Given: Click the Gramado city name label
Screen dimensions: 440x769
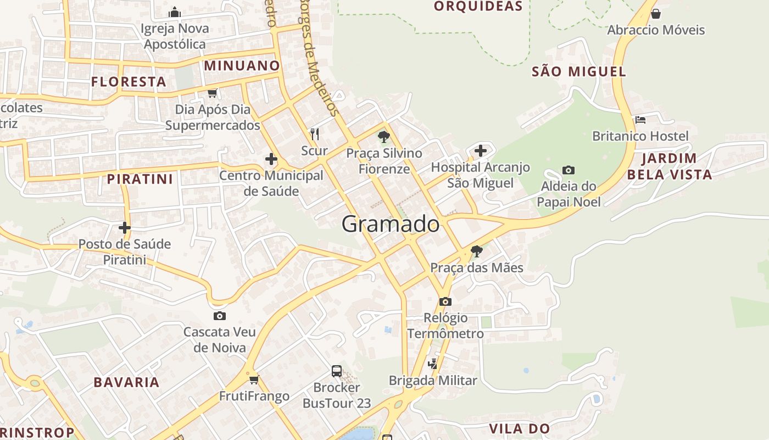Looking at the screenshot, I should pyautogui.click(x=391, y=224).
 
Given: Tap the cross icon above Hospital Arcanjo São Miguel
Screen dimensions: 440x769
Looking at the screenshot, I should pyautogui.click(x=481, y=150).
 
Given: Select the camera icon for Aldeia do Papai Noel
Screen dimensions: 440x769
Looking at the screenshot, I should pyautogui.click(x=569, y=170).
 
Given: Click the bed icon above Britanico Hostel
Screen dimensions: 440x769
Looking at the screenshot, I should pyautogui.click(x=640, y=120).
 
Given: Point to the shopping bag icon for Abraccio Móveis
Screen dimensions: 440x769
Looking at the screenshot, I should pyautogui.click(x=655, y=14).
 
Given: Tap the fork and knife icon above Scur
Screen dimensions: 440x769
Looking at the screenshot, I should pyautogui.click(x=315, y=134).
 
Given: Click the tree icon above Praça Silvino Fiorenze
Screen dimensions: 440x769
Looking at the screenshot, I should pyautogui.click(x=384, y=136).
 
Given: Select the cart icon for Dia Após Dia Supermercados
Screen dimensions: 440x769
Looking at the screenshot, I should pyautogui.click(x=213, y=93).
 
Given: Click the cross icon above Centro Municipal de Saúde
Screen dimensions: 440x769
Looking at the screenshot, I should pyautogui.click(x=271, y=159).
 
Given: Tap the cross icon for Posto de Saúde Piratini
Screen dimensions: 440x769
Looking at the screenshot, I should pyautogui.click(x=125, y=227).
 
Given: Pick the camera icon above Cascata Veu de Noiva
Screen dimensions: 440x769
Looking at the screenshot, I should pyautogui.click(x=220, y=316).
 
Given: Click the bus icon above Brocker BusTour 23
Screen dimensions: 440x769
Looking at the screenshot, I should pyautogui.click(x=337, y=371).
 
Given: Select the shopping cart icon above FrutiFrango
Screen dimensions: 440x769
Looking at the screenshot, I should pyautogui.click(x=254, y=380).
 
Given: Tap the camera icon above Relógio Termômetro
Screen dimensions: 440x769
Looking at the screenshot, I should pyautogui.click(x=445, y=301).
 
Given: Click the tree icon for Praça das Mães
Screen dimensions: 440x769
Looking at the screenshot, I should pyautogui.click(x=477, y=251).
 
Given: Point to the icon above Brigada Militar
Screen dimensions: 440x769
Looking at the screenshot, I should pyautogui.click(x=433, y=364).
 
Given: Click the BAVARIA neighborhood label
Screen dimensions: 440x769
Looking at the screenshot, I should pyautogui.click(x=126, y=382).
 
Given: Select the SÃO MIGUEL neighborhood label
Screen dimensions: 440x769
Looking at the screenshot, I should pyautogui.click(x=579, y=71).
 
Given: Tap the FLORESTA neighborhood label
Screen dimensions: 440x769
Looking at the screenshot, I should pyautogui.click(x=129, y=82).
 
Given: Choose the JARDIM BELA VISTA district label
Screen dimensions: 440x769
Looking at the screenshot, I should pyautogui.click(x=670, y=167).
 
